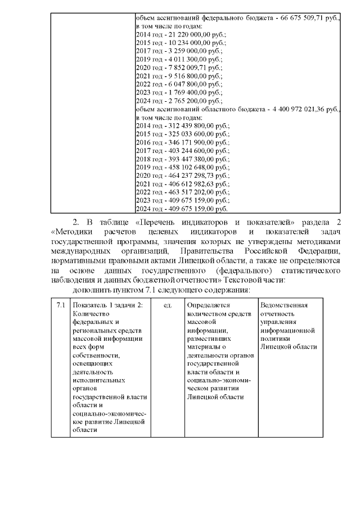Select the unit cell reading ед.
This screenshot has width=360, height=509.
(167, 305)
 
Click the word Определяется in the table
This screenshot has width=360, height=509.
(208, 305)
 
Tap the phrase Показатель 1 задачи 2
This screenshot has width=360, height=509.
(107, 305)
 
